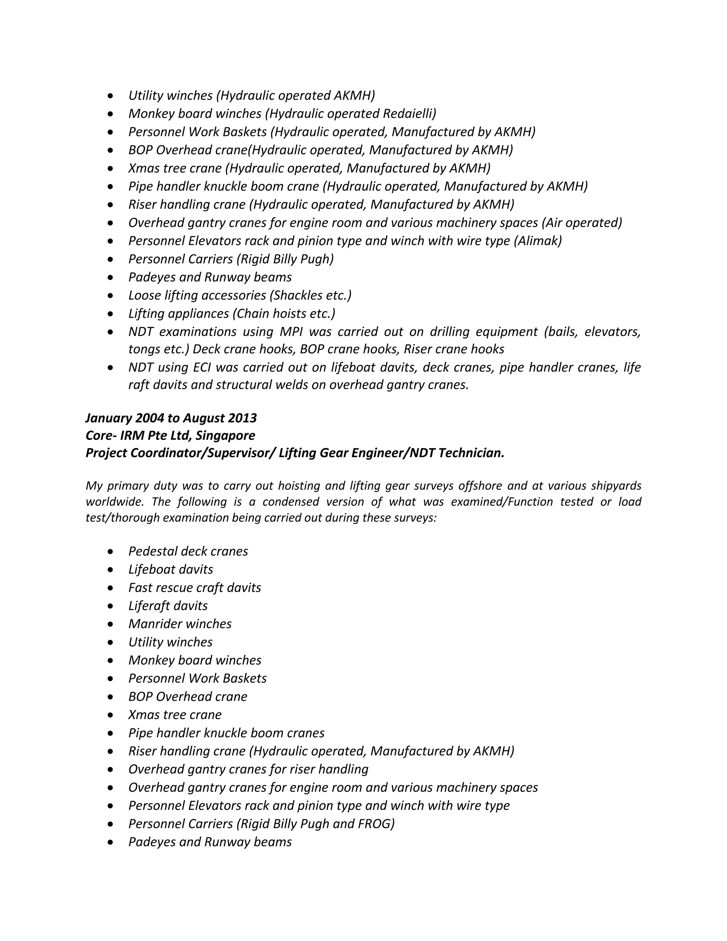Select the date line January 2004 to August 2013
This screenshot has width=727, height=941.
(x=171, y=418)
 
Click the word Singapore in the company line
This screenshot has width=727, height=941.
(x=225, y=436)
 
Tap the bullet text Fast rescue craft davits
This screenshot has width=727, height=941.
(x=195, y=588)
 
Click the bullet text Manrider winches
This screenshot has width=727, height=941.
(x=180, y=624)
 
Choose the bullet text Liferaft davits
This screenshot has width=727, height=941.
(x=168, y=606)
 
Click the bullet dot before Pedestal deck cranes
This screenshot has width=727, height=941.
(x=111, y=551)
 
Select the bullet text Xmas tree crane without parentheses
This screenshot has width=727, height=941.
(x=175, y=715)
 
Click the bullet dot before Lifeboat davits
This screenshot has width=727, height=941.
(x=111, y=570)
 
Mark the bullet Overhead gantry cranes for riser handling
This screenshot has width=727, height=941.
(x=248, y=769)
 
